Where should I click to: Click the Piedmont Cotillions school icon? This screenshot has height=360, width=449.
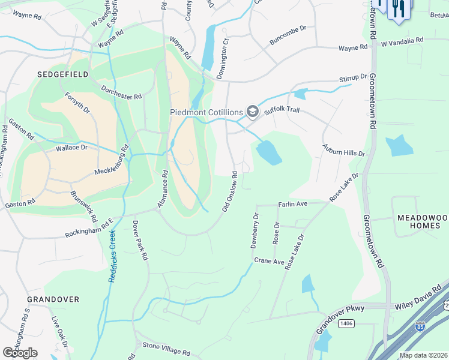(253, 112)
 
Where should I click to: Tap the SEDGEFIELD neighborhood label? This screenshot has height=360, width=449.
(62, 74)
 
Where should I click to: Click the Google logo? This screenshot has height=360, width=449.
(20, 353)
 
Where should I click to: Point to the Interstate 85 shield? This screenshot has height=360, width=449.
(419, 328)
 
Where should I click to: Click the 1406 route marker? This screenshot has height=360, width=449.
(346, 324)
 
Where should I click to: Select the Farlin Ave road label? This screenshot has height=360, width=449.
(292, 205)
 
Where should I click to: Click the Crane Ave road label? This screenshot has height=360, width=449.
(269, 261)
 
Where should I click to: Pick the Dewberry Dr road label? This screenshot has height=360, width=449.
(255, 230)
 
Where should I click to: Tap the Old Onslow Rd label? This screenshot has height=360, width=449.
(230, 192)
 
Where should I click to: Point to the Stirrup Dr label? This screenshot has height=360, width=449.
(353, 78)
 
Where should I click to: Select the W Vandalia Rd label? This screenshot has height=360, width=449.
(402, 40)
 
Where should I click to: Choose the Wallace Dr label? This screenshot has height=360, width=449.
(71, 147)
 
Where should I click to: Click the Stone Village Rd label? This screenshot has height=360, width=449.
(166, 346)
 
